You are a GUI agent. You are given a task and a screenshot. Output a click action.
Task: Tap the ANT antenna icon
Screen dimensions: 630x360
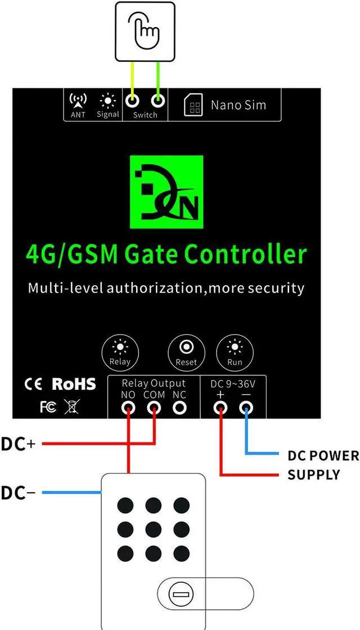(x=78, y=101)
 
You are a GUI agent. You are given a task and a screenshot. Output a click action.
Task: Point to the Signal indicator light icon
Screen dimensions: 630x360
(x=107, y=101)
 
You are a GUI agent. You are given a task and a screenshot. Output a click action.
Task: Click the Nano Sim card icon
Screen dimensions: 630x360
(x=193, y=105)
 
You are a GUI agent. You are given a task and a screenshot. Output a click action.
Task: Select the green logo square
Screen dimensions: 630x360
(x=166, y=192)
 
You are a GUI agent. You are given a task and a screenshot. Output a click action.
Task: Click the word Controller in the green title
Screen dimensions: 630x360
(x=246, y=254)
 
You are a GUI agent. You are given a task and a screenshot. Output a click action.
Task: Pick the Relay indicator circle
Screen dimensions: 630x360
(x=120, y=353)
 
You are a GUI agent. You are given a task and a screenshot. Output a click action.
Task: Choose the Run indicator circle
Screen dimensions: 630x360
(x=235, y=353)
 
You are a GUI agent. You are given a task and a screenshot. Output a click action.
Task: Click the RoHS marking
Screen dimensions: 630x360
(x=74, y=384)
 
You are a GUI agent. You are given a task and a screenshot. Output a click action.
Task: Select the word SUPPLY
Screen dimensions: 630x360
(x=314, y=475)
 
